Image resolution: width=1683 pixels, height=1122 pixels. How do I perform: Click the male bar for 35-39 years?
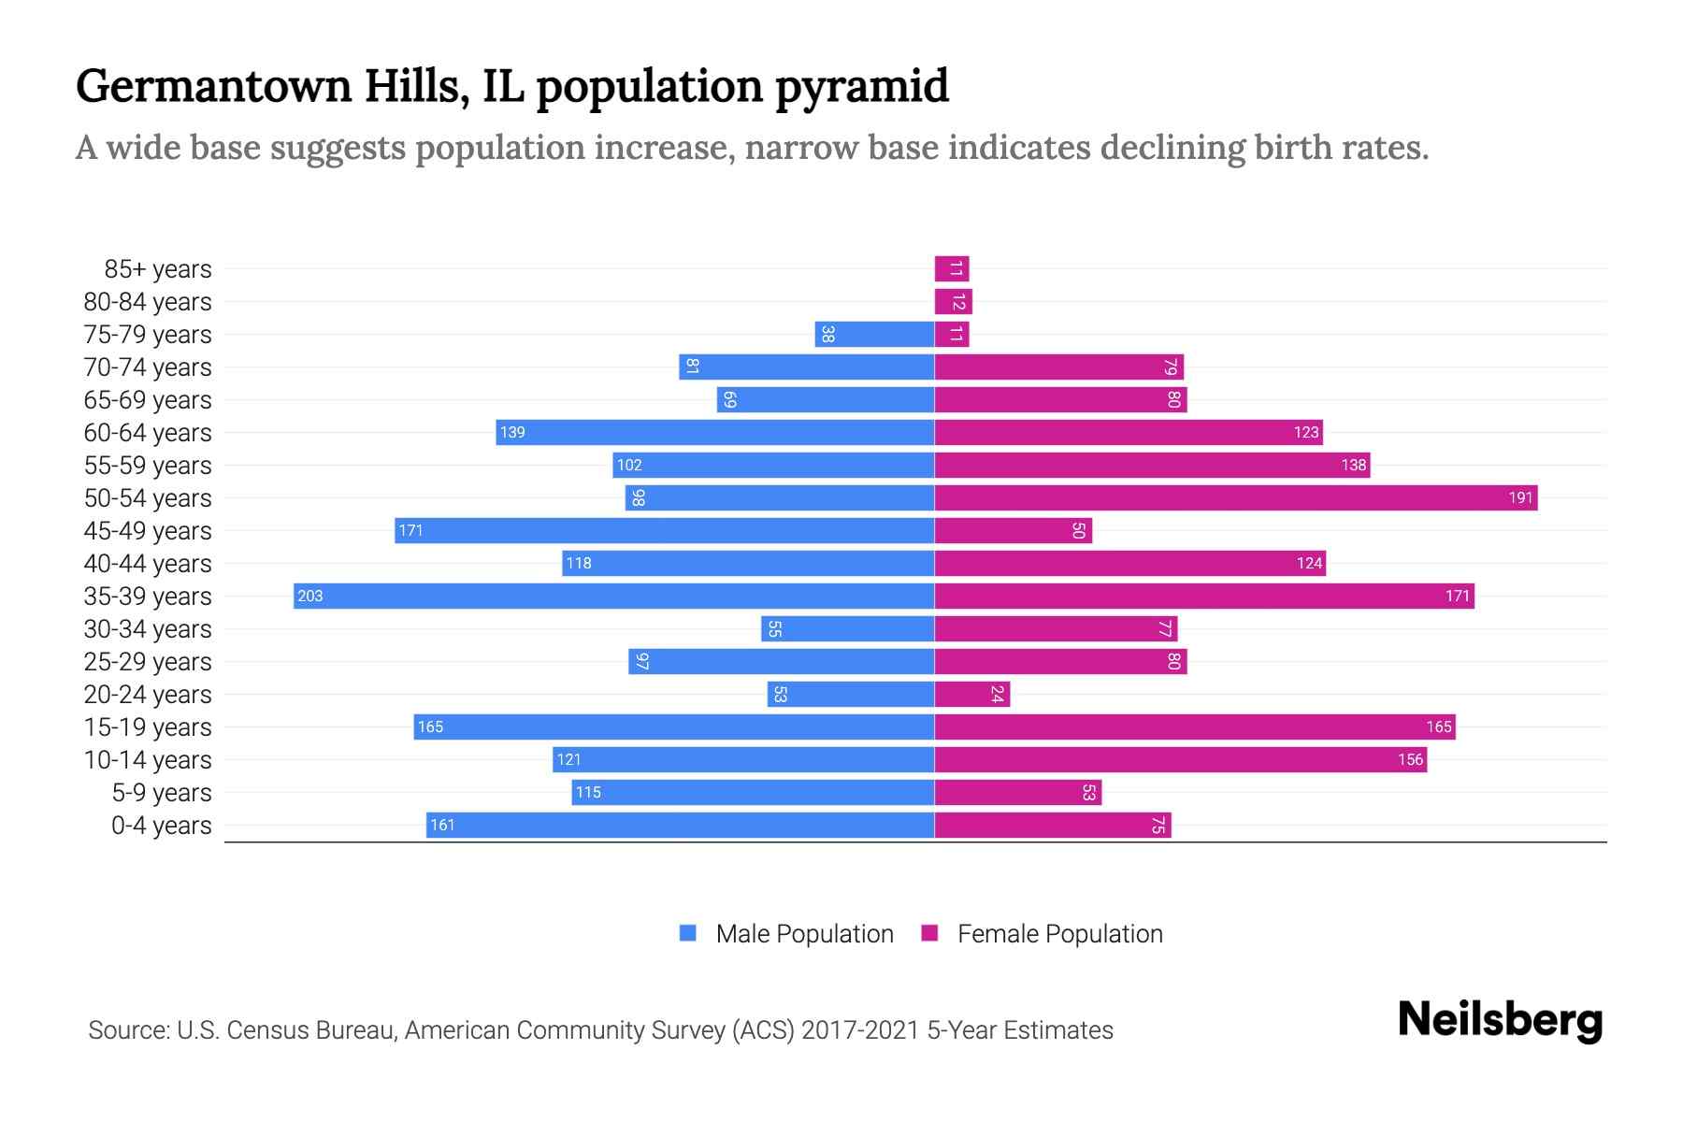(x=614, y=597)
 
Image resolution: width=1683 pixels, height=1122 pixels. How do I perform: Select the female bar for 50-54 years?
(x=1236, y=498)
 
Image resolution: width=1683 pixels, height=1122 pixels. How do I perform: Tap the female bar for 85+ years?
(x=952, y=269)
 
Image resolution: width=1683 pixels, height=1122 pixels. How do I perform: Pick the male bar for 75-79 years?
(x=874, y=335)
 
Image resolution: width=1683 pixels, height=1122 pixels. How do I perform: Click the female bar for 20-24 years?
(x=972, y=695)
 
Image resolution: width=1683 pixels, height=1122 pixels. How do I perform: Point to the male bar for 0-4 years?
(x=681, y=826)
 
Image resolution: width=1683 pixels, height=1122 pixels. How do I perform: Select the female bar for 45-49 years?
(x=1014, y=531)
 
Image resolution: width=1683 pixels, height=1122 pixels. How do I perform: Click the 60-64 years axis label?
(x=148, y=433)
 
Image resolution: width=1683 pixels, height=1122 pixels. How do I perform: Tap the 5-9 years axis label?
(x=162, y=793)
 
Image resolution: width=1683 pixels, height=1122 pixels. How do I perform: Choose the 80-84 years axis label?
(x=148, y=302)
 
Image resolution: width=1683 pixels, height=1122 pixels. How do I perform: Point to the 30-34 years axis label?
(x=148, y=629)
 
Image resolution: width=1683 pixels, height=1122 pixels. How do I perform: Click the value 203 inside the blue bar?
(x=310, y=597)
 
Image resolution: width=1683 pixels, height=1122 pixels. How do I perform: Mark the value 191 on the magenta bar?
(x=1520, y=498)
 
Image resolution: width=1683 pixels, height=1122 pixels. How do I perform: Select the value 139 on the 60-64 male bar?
(x=512, y=433)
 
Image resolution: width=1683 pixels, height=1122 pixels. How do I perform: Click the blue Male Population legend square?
(x=688, y=933)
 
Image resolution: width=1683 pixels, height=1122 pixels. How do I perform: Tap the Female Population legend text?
(x=1060, y=934)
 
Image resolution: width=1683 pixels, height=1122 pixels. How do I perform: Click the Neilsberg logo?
(x=1500, y=1020)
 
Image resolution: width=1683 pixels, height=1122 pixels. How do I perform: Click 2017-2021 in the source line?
(x=860, y=1030)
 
